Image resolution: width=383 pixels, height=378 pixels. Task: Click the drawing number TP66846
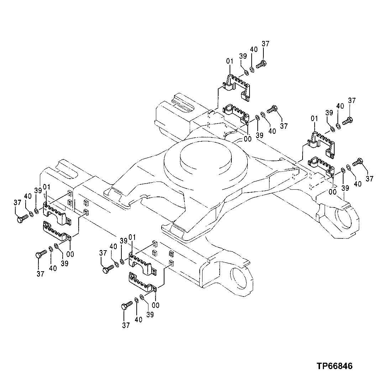(x=335, y=366)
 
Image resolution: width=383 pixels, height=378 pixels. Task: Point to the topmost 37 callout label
(x=266, y=44)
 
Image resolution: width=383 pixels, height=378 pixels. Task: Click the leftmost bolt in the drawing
(x=22, y=218)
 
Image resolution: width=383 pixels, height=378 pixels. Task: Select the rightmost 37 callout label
(x=369, y=179)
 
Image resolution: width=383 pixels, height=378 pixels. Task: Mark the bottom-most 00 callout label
(x=156, y=305)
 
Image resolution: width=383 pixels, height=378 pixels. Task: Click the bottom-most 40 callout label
(x=138, y=320)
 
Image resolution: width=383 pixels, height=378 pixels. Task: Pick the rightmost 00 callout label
(x=332, y=192)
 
